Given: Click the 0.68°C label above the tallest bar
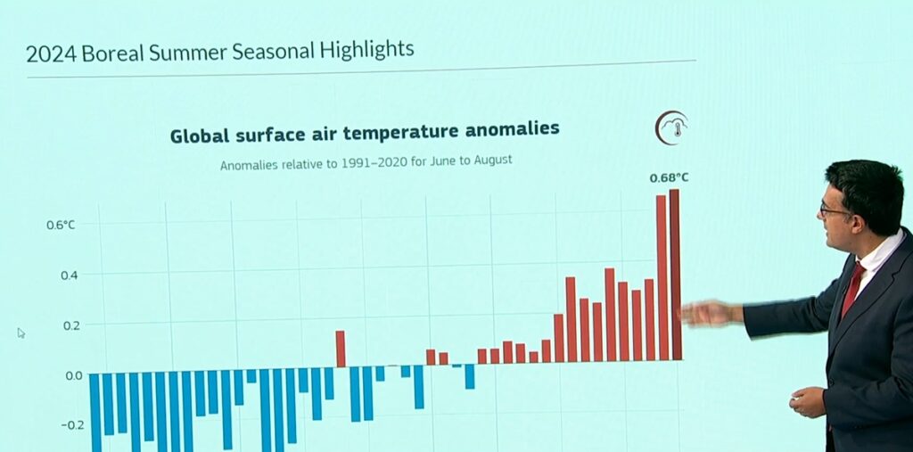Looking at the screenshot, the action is pos(669,177).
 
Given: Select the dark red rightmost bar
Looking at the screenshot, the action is pos(675,275).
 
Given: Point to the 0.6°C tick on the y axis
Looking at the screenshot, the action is pos(62,225).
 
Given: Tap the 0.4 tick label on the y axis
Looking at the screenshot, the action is pos(69,275).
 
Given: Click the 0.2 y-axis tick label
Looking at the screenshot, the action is pos(69,325).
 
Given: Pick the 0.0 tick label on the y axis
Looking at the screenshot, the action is pos(73,375).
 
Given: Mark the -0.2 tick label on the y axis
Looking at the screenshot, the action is pos(73,425).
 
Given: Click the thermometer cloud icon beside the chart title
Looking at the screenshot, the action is pos(671,127).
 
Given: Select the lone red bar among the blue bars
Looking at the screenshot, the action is pos(341,349).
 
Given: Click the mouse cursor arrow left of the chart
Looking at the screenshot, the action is pos(21,333).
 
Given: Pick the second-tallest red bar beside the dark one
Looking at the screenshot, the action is pos(662,277).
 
